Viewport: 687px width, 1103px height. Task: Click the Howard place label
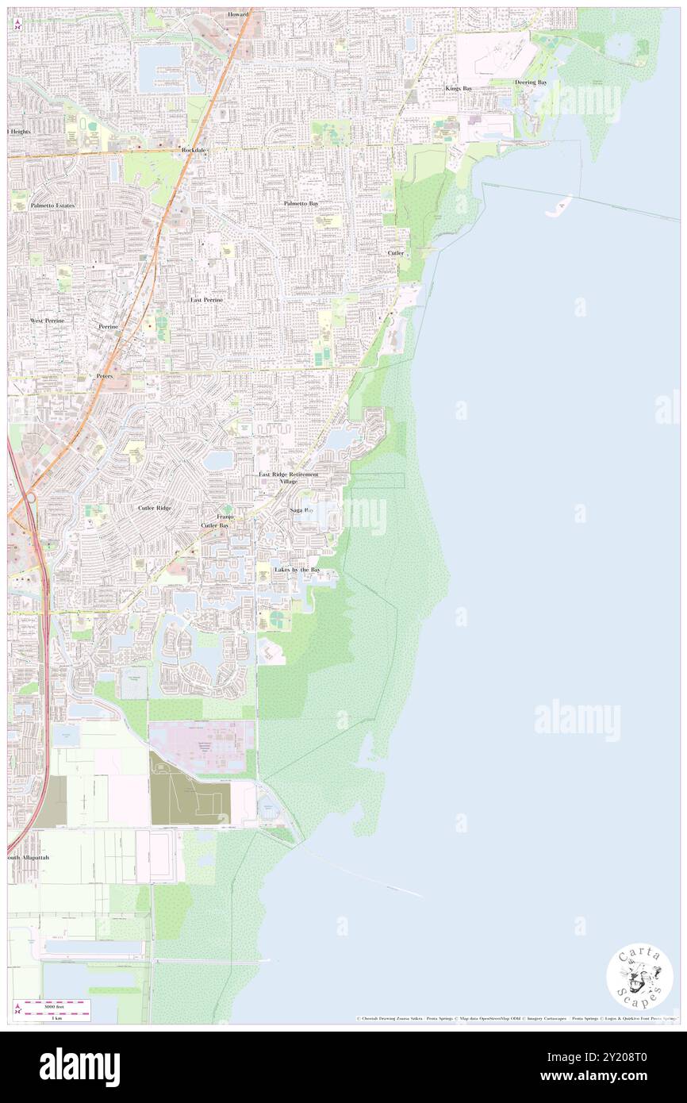[238, 14]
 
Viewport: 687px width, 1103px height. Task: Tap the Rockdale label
[194, 149]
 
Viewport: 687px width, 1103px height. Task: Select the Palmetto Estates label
[52, 206]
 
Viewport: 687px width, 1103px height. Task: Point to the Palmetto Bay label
[301, 204]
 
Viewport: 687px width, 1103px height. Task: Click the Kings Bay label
[458, 88]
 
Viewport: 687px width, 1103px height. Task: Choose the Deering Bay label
[530, 83]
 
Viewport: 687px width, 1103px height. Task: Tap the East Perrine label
[206, 300]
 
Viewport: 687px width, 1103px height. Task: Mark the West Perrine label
[47, 320]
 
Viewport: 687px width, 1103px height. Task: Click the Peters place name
[105, 375]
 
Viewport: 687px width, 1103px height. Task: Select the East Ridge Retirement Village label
[288, 478]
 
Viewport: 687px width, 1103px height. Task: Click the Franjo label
[225, 517]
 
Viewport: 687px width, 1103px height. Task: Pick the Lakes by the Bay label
[297, 570]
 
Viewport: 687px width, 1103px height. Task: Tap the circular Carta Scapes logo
[639, 977]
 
